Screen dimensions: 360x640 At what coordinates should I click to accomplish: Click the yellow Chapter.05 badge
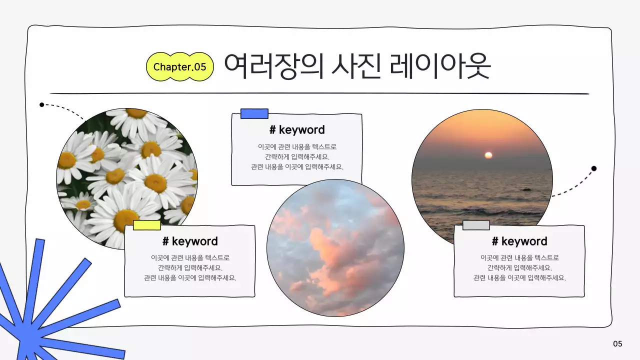[179, 66]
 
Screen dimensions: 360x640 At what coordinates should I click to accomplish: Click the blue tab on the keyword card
[254, 114]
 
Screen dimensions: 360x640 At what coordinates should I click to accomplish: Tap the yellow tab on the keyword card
[146, 225]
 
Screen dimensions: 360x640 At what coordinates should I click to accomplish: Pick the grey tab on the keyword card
[476, 225]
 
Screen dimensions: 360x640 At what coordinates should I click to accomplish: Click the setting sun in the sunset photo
[488, 155]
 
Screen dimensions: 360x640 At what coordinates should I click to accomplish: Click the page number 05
[617, 343]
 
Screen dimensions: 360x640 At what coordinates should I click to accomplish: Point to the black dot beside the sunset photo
[594, 168]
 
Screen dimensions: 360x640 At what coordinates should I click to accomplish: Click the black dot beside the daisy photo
[42, 105]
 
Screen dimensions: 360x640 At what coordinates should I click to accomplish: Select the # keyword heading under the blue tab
[297, 130]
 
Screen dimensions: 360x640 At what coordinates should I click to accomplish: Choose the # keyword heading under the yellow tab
[190, 241]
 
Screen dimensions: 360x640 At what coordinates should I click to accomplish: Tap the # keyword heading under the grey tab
[519, 241]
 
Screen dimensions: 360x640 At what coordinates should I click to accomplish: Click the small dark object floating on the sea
[525, 189]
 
